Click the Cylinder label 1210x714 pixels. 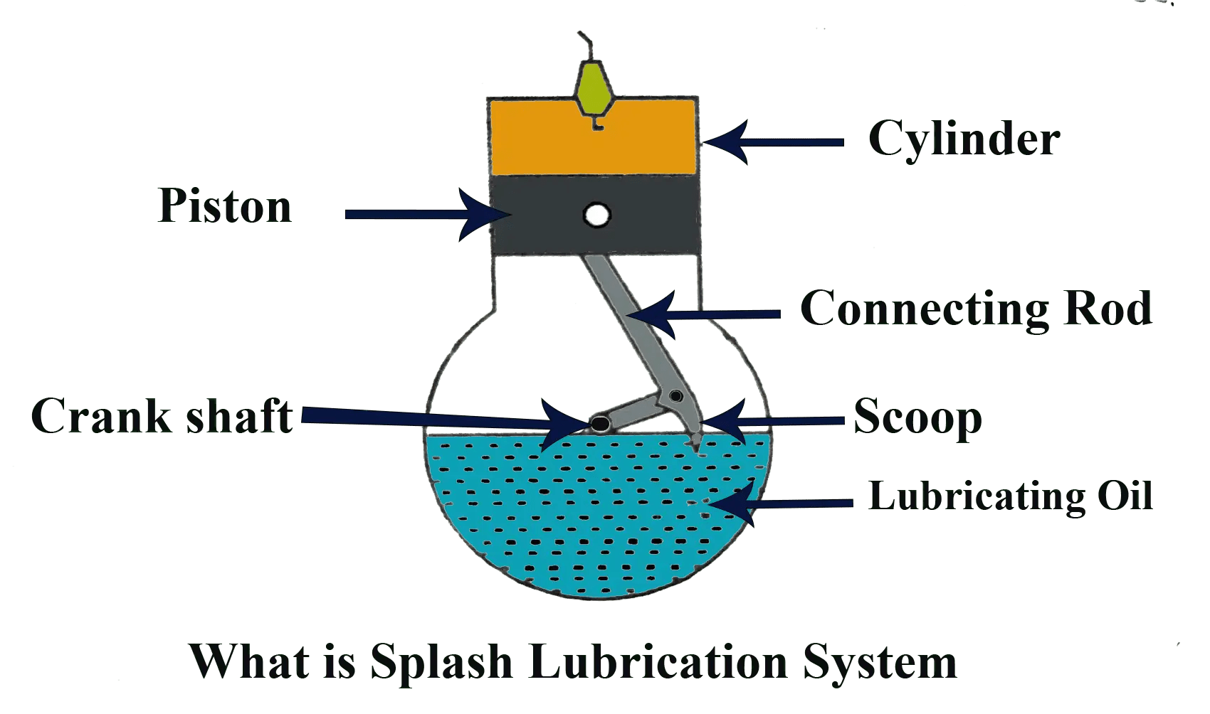pos(964,139)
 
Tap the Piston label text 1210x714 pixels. pos(225,206)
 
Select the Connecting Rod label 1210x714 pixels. pos(976,309)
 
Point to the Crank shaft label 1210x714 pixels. pos(162,416)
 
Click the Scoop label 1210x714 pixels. pos(917,417)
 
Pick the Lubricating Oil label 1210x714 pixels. pos(1010,496)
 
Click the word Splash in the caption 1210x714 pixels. pos(441,662)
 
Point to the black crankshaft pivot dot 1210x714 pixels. pos(600,425)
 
